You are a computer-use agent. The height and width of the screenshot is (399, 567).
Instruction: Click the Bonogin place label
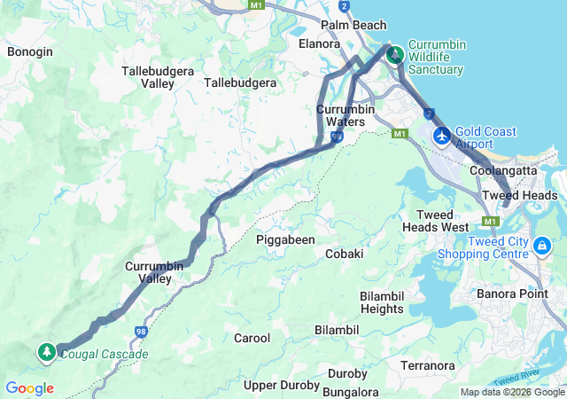point(30,51)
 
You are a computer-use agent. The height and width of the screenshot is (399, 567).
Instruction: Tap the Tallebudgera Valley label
point(145,75)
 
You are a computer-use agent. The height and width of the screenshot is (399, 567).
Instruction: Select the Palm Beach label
point(354,25)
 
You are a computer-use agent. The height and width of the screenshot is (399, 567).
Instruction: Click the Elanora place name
point(320,43)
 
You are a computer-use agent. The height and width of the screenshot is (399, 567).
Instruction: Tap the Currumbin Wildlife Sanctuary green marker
point(395,55)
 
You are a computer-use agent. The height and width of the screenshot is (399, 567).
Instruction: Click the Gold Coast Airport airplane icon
point(441,137)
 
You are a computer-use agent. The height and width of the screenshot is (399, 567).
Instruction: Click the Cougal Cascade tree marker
point(46,352)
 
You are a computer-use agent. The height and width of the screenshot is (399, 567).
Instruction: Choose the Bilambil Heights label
point(382,302)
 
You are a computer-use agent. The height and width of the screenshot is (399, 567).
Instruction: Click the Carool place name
point(252,338)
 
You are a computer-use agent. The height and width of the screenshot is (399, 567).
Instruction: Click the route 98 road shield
point(141,331)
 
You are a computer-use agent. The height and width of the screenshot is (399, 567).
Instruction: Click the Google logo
point(29,388)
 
